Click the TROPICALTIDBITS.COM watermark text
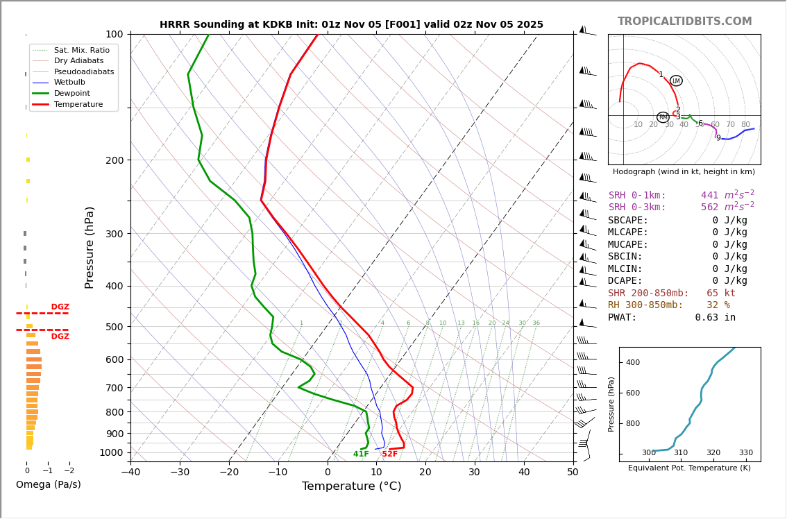point(684,22)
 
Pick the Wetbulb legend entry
point(69,82)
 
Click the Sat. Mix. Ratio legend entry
point(81,50)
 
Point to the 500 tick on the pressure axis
point(114,327)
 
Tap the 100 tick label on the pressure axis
point(114,34)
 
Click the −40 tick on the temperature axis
point(130,473)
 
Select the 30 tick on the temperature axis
point(474,473)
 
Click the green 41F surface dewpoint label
point(361,454)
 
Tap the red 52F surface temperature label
point(390,454)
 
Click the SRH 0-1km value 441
point(709,196)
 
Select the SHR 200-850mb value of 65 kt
point(720,293)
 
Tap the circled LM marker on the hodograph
point(676,81)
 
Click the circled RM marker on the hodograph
point(663,117)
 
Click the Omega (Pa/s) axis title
point(49,485)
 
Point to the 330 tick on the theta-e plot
point(745,453)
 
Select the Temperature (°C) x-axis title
point(351,486)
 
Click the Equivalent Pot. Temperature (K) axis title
point(689,468)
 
